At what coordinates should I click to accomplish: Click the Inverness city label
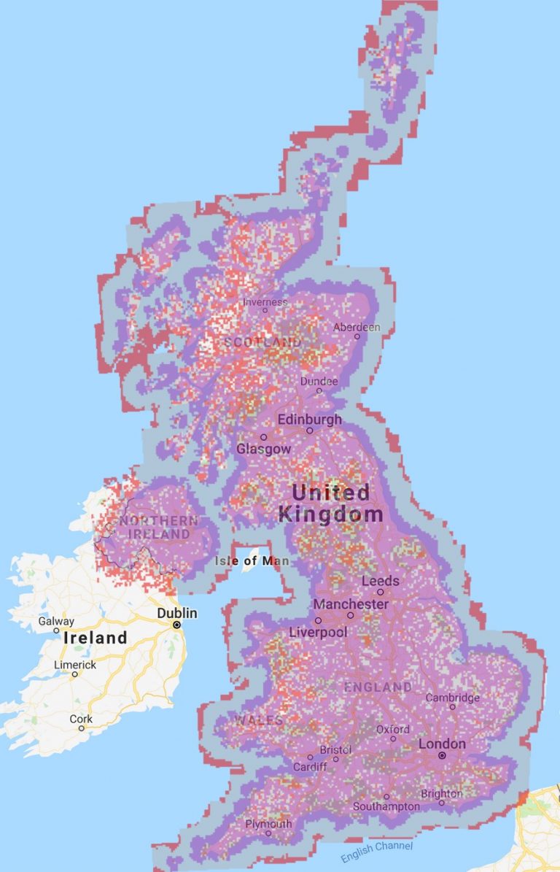265,302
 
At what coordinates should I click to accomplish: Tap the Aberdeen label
357,328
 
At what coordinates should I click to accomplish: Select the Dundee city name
319,382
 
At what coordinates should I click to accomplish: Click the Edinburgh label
309,420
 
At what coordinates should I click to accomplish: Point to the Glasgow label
263,449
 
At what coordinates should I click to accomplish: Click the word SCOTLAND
262,342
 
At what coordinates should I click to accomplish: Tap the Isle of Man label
252,561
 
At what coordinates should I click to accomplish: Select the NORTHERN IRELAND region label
158,528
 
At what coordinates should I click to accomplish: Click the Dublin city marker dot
176,625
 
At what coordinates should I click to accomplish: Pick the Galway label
56,621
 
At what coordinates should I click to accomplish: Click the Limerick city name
75,665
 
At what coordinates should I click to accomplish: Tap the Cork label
81,719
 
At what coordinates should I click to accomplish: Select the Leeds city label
381,581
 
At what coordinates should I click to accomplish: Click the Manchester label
351,605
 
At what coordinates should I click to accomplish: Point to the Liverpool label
318,632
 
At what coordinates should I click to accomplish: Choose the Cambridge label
453,698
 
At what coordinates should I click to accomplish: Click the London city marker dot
441,756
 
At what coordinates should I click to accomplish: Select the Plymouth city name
268,824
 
